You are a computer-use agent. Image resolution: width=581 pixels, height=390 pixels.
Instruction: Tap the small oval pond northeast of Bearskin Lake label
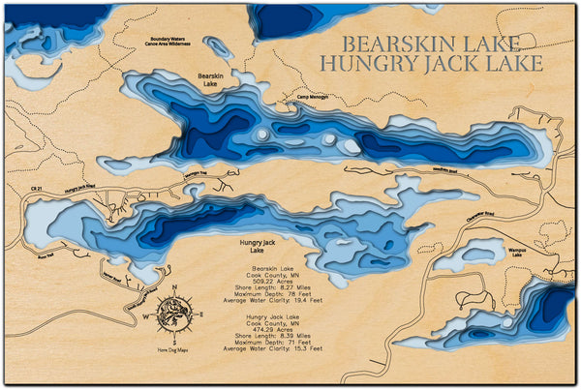coord(218,47)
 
